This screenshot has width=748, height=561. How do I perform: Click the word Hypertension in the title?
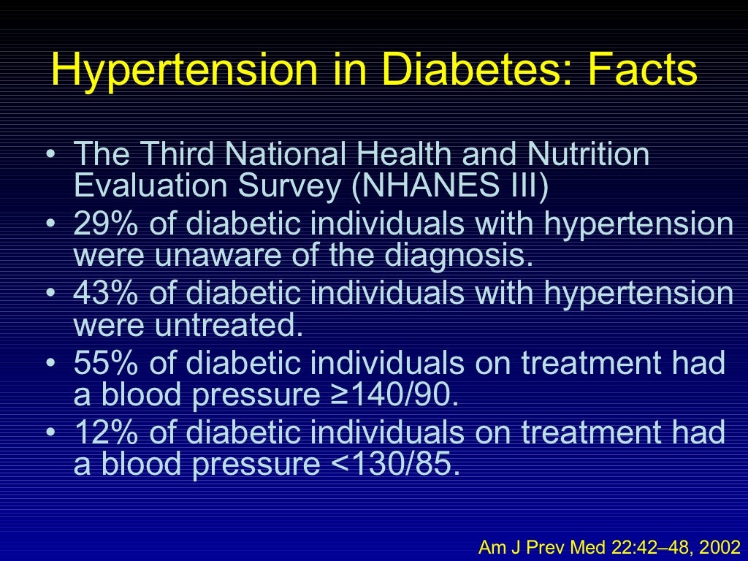[x=185, y=71]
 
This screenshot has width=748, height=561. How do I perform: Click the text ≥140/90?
[x=392, y=395]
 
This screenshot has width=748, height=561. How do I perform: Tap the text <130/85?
[x=392, y=465]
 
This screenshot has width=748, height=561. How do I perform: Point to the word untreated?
[x=228, y=326]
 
